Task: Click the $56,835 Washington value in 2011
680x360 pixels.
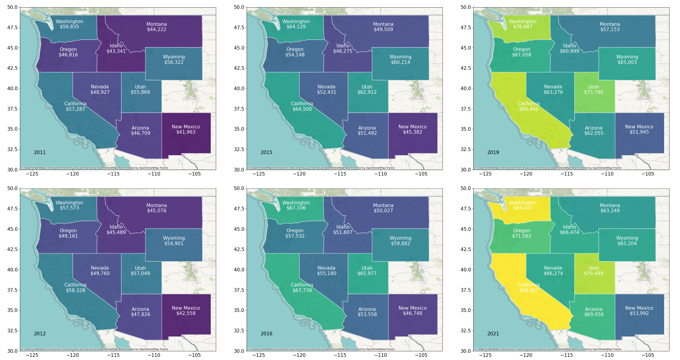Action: tap(69, 27)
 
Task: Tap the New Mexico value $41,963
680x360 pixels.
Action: tap(185, 132)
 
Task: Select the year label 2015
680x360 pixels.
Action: tap(266, 152)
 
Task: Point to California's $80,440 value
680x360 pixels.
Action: tap(529, 109)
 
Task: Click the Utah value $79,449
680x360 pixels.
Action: tap(593, 273)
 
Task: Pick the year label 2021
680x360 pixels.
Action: tap(493, 334)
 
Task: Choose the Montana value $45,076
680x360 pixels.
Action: tap(156, 211)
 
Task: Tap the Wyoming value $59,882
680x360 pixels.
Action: tap(400, 243)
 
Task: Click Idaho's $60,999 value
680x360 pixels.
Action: tap(569, 51)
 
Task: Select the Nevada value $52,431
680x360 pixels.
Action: tap(326, 92)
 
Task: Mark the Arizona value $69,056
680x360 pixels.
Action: tap(593, 314)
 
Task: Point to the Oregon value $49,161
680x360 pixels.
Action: tap(68, 236)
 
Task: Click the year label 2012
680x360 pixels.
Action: tap(39, 334)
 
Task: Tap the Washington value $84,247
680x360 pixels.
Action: tap(523, 208)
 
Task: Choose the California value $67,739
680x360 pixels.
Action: tap(302, 290)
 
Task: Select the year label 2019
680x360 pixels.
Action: tap(493, 152)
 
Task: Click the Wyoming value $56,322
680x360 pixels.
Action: tap(174, 62)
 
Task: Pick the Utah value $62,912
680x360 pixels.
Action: tap(367, 92)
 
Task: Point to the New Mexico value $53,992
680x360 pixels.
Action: tap(639, 313)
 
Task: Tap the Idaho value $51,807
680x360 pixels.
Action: tap(343, 232)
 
